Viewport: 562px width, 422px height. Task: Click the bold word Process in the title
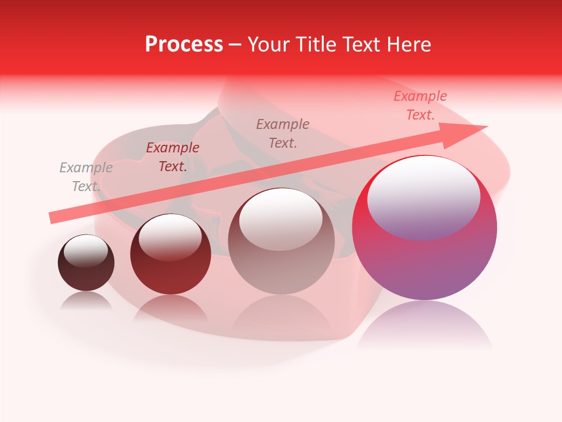[x=184, y=45]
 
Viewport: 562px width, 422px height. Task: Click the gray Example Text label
[x=85, y=176]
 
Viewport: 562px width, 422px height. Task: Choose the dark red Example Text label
[x=173, y=157]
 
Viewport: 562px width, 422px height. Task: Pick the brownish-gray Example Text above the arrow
[x=283, y=133]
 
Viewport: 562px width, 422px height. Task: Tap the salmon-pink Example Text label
[x=420, y=105]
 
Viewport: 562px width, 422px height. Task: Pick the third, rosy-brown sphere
[x=282, y=258]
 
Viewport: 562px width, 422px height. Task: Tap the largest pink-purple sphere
[x=424, y=258]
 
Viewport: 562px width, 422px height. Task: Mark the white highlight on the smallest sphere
[x=86, y=250]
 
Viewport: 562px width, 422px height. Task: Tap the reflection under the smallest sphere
[x=86, y=300]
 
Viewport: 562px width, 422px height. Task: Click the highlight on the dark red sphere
[x=170, y=237]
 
